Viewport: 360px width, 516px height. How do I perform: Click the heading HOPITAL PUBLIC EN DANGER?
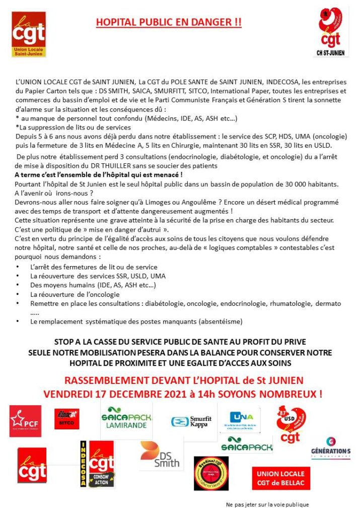pyautogui.click(x=169, y=23)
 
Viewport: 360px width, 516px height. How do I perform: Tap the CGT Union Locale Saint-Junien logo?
pyautogui.click(x=29, y=34)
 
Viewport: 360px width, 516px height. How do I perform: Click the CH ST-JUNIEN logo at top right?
pyautogui.click(x=330, y=32)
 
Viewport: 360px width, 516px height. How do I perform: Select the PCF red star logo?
pyautogui.click(x=25, y=421)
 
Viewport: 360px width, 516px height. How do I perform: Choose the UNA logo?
pyautogui.click(x=240, y=420)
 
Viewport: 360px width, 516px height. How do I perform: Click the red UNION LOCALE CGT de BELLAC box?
pyautogui.click(x=280, y=478)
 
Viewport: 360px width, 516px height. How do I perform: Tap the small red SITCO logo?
pyautogui.click(x=66, y=419)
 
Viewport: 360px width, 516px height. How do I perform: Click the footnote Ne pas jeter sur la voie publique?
pyautogui.click(x=267, y=504)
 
